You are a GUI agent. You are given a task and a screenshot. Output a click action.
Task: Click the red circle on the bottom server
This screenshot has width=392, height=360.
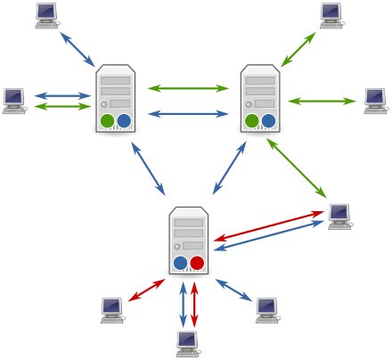197,263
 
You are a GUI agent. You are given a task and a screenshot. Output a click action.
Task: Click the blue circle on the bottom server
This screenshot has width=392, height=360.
181,263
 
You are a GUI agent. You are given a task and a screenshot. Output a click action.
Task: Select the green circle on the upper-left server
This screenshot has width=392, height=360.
107,120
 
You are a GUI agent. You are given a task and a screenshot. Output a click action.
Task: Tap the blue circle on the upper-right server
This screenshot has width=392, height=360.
268,120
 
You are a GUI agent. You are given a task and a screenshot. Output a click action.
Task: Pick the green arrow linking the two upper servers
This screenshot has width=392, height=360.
188,88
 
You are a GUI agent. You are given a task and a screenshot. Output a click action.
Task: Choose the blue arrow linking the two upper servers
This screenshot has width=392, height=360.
188,114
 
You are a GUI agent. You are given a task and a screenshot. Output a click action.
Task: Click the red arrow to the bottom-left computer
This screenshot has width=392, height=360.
146,290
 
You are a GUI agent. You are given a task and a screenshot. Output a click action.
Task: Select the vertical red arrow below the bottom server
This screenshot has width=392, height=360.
194,305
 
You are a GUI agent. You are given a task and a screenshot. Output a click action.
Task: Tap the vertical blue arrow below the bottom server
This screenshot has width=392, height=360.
183,305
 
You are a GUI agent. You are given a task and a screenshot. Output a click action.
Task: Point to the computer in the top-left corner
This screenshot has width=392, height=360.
46,15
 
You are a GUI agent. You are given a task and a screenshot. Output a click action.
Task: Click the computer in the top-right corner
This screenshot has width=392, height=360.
331,15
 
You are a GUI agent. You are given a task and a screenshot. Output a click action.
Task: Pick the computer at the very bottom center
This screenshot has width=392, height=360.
187,343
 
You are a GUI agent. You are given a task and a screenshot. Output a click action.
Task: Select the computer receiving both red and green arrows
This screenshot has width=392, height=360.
339,216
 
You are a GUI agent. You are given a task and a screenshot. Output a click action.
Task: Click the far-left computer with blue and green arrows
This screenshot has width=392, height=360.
13,101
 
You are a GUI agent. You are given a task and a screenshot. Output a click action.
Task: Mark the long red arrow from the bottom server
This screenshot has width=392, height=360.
267,225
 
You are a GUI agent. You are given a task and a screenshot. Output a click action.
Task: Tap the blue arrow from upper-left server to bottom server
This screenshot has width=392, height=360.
148,168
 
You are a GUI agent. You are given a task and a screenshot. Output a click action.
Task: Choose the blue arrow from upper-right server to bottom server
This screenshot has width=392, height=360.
229,168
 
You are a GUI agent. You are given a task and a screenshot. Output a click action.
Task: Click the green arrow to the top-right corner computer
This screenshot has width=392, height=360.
298,49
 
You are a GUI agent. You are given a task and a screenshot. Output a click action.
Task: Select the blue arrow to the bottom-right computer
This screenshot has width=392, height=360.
234,290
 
